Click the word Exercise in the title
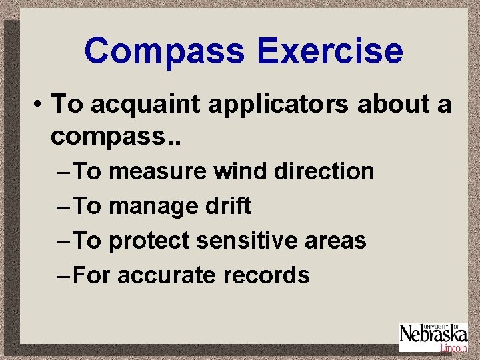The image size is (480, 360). click(x=330, y=51)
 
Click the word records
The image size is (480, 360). click(x=269, y=275)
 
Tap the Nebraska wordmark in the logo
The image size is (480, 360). click(x=432, y=335)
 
